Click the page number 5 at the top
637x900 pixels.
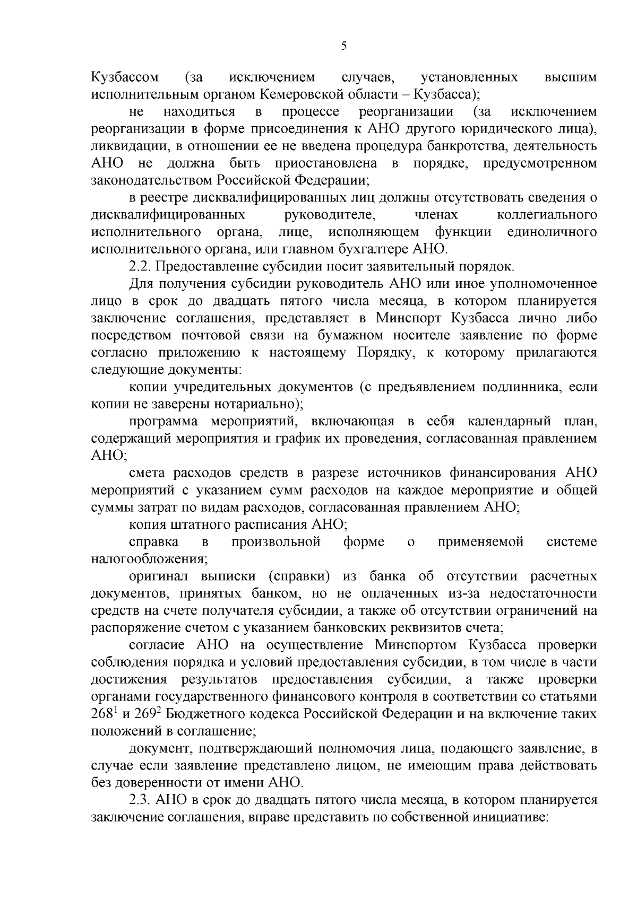343,46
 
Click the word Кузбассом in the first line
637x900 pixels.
125,77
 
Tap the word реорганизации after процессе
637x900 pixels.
406,112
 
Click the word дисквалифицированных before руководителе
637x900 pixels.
168,215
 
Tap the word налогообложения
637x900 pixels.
149,559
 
